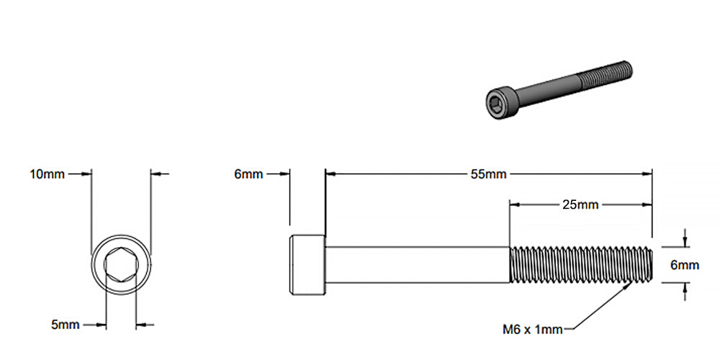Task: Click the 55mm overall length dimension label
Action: tap(488, 174)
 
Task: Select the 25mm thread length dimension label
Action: tap(580, 204)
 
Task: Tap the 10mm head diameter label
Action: tap(47, 174)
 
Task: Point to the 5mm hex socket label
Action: tap(65, 325)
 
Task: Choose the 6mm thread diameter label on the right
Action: tap(684, 265)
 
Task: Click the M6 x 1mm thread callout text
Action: tap(533, 330)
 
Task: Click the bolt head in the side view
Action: tap(307, 265)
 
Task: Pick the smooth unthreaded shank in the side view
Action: tap(418, 265)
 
